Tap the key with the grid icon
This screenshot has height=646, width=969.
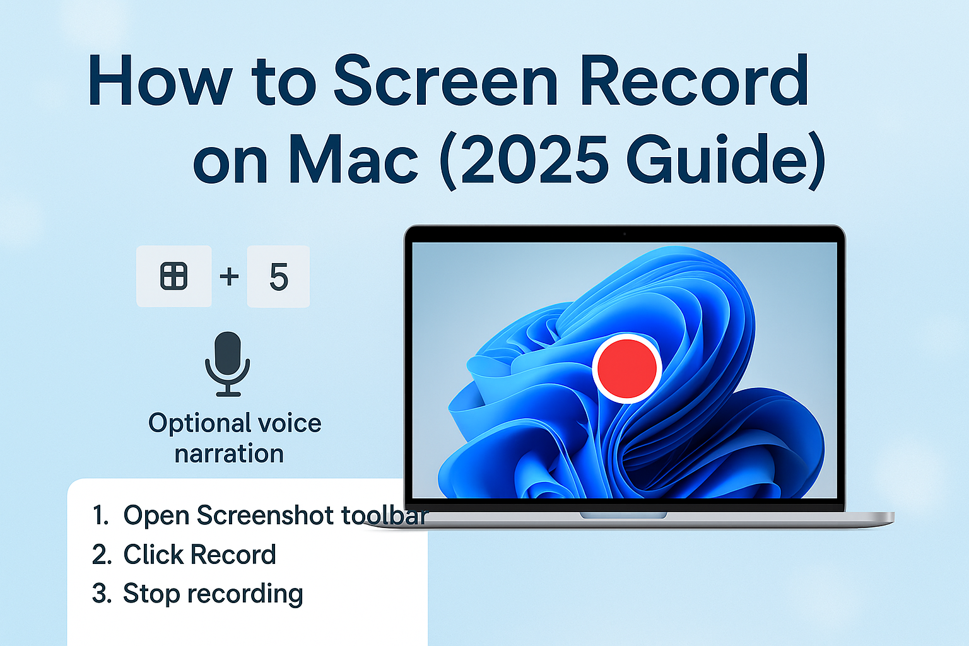point(174,276)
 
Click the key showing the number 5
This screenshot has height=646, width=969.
point(278,276)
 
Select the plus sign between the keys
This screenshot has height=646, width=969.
point(229,276)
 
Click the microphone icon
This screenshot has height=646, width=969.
point(228,363)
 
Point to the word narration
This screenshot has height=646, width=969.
point(229,454)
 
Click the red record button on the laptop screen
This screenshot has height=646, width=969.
point(626,368)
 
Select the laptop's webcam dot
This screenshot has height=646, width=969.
point(625,234)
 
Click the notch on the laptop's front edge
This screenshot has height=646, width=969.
point(623,515)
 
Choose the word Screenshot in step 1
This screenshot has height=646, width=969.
point(265,515)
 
